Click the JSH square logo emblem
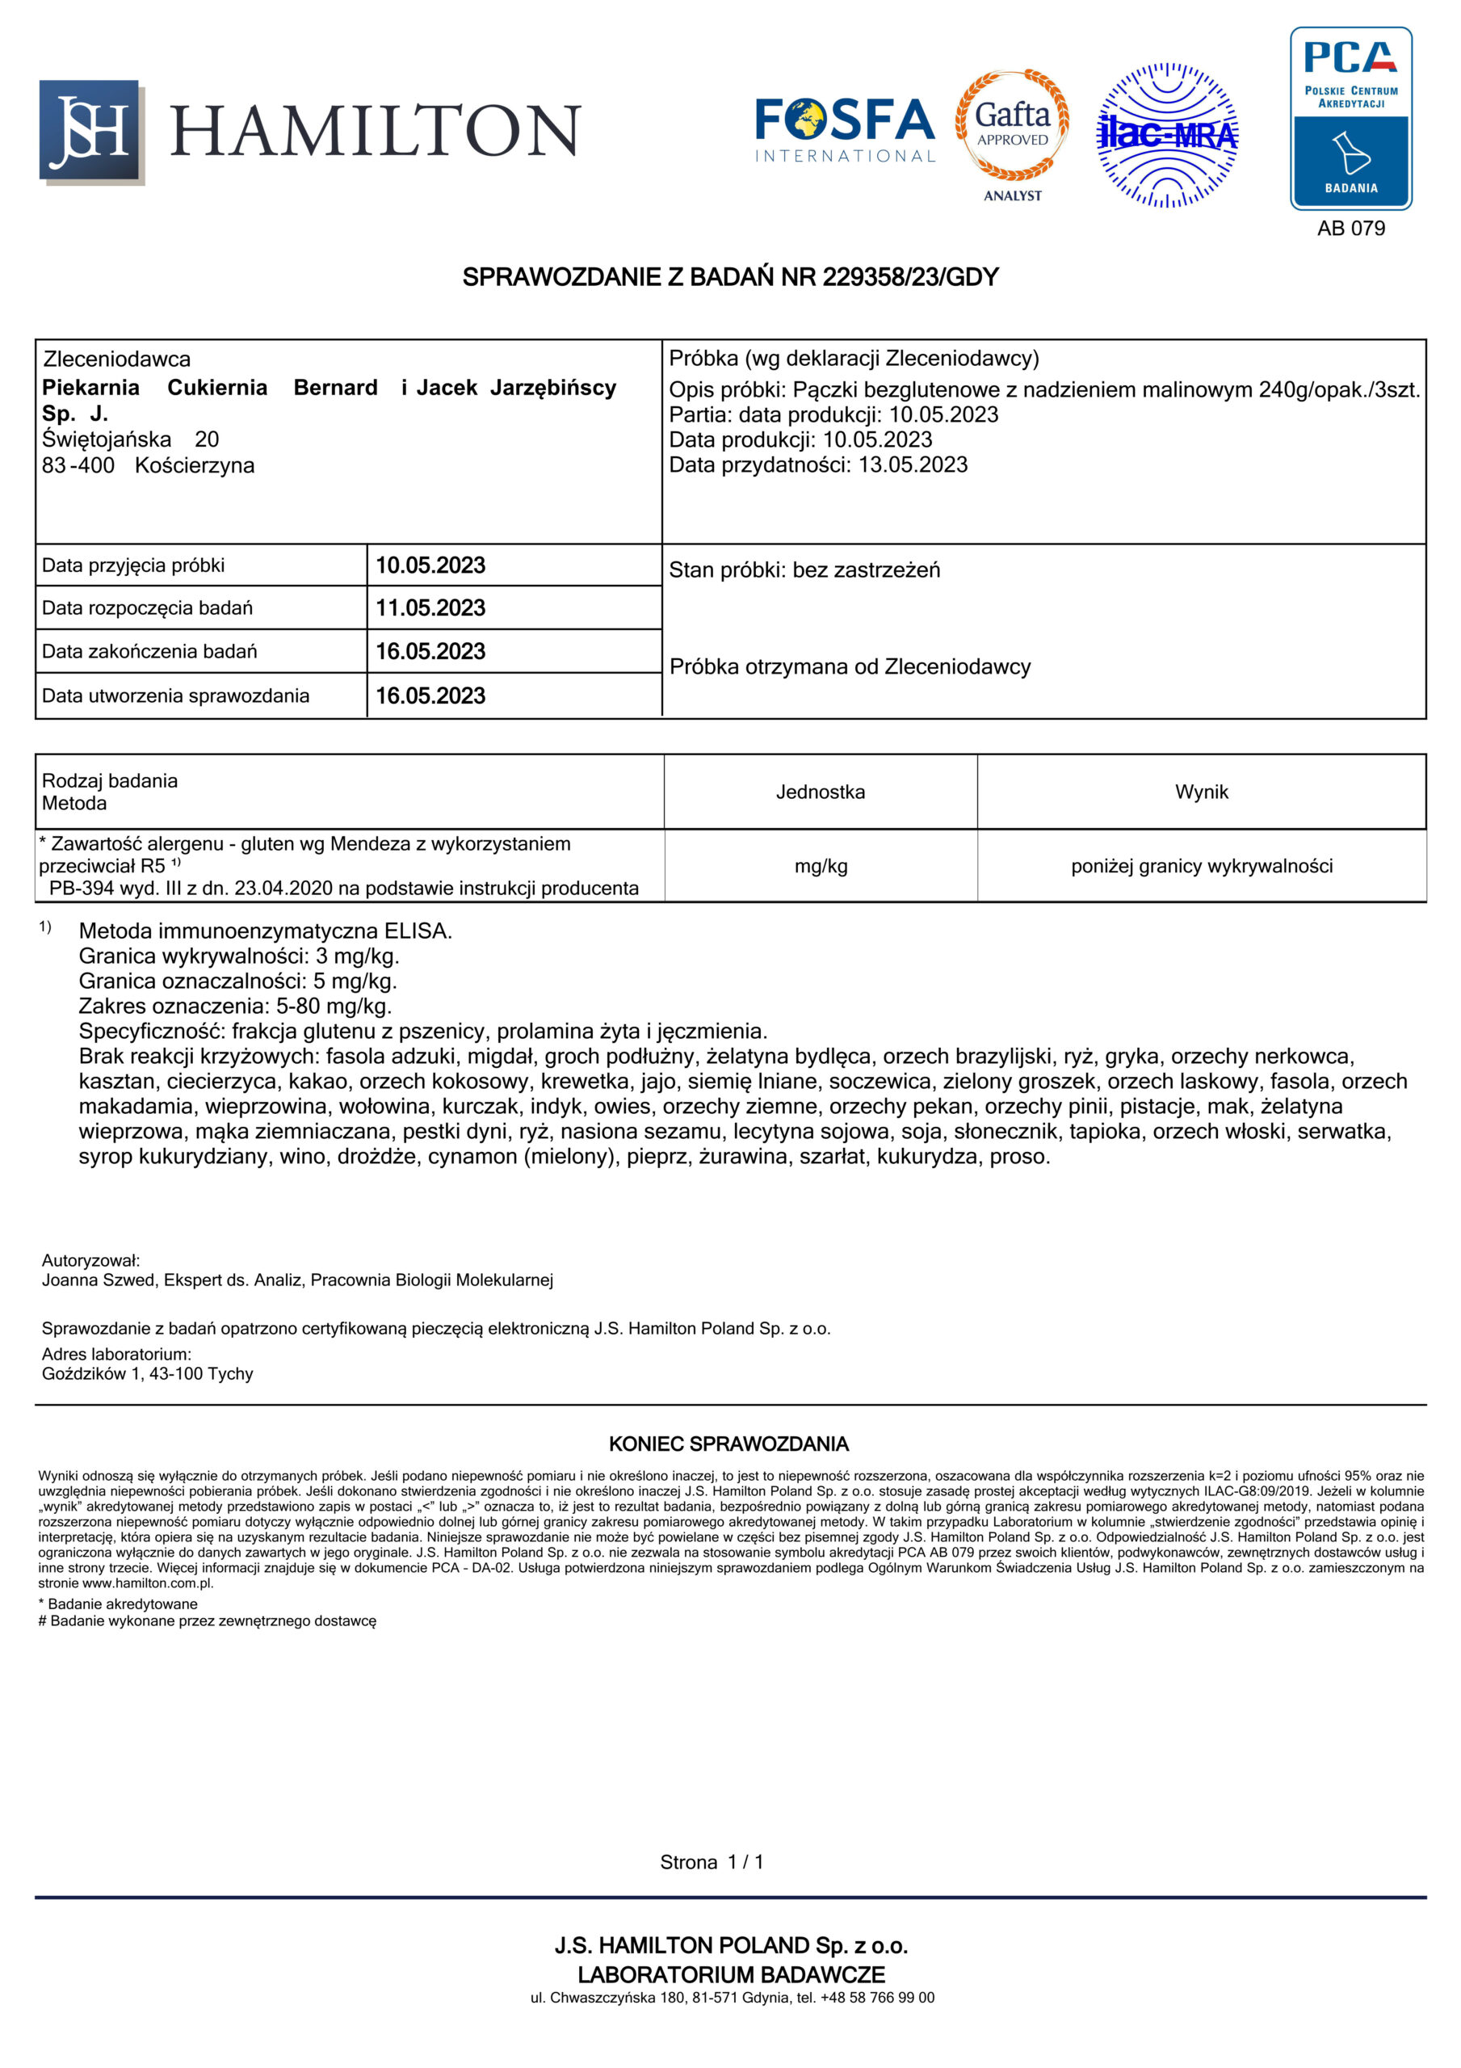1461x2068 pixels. (91, 132)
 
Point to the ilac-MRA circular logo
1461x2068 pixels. (1167, 135)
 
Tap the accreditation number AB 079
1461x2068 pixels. (1350, 228)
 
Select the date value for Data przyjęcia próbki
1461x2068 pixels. (430, 565)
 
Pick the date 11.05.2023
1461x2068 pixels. (430, 608)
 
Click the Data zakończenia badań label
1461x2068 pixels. (149, 651)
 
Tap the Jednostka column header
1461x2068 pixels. (820, 792)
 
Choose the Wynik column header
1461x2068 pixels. (1201, 792)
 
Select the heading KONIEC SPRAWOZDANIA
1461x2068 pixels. (728, 1444)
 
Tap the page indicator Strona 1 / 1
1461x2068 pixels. (712, 1862)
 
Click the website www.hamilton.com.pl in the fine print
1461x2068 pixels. (148, 1583)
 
